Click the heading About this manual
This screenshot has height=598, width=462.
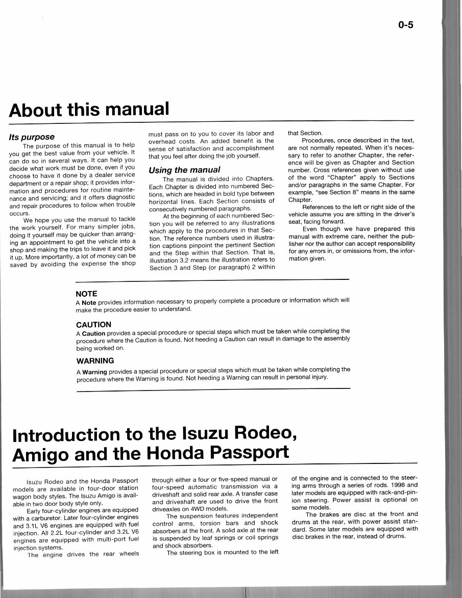[89, 109]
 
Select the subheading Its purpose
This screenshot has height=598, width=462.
[32, 137]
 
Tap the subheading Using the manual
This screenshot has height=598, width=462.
[184, 169]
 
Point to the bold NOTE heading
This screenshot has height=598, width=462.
[86, 294]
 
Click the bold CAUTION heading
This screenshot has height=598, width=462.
[93, 324]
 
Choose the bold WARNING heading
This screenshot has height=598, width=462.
[94, 361]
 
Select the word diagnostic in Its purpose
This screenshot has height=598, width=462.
[117, 197]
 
